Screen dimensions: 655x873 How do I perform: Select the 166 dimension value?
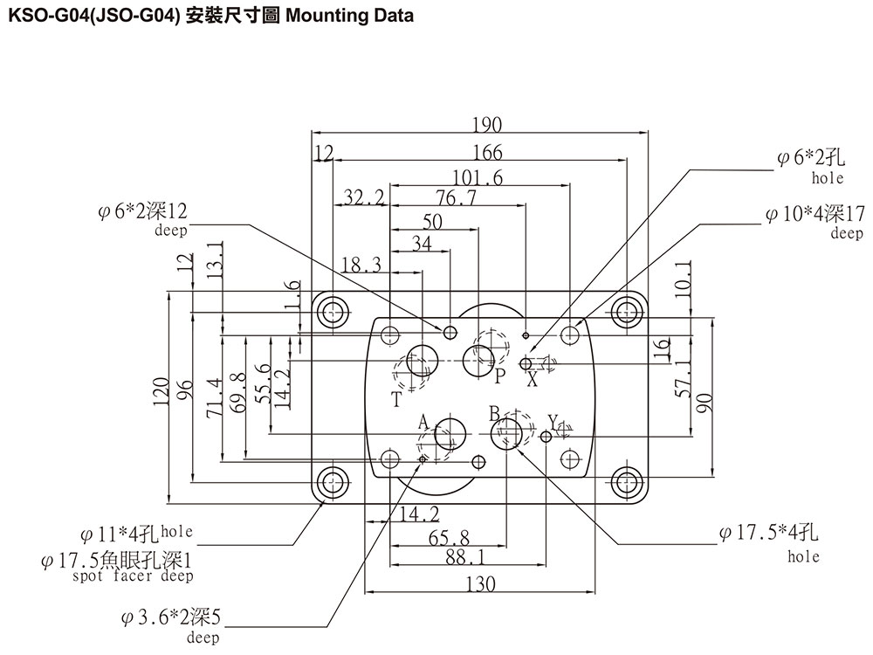487,153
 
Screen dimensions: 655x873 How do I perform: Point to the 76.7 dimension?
457,198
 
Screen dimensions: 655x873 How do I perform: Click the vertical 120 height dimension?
159,397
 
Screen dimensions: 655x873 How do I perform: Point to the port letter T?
397,400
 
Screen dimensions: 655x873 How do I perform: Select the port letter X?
532,380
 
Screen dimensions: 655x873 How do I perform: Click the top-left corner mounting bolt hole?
332,311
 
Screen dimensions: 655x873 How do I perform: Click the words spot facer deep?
133,576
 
